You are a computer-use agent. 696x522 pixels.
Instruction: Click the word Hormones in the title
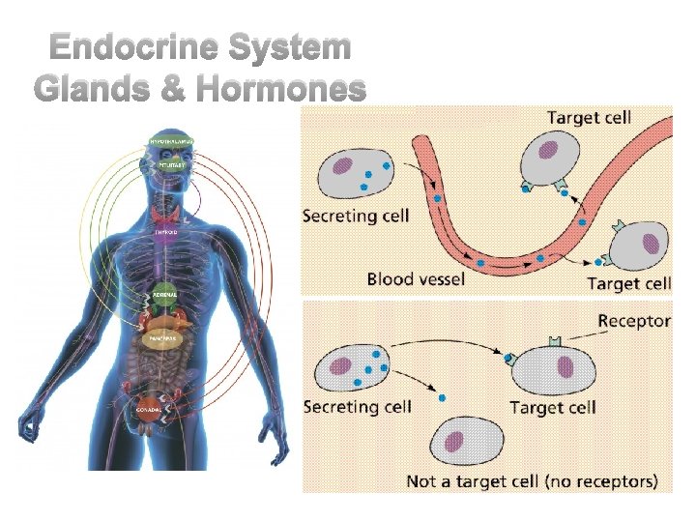pyautogui.click(x=281, y=89)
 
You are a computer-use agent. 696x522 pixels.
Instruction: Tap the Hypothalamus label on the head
pyautogui.click(x=171, y=142)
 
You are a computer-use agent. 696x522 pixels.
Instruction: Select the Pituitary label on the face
pyautogui.click(x=171, y=164)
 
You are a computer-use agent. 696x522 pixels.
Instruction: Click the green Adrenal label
pyautogui.click(x=164, y=293)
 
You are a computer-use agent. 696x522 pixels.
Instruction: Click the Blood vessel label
pyautogui.click(x=416, y=279)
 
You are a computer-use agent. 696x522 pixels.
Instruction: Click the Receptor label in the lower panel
pyautogui.click(x=634, y=321)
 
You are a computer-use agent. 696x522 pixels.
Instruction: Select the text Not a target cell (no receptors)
pyautogui.click(x=532, y=480)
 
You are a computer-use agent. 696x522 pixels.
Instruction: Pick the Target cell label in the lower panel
pyautogui.click(x=551, y=407)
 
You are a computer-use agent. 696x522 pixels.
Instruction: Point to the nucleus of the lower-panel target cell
pyautogui.click(x=563, y=368)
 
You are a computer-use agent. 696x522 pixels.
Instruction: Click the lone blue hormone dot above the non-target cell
pyautogui.click(x=441, y=397)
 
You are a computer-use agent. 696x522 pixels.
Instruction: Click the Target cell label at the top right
pyautogui.click(x=589, y=118)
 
